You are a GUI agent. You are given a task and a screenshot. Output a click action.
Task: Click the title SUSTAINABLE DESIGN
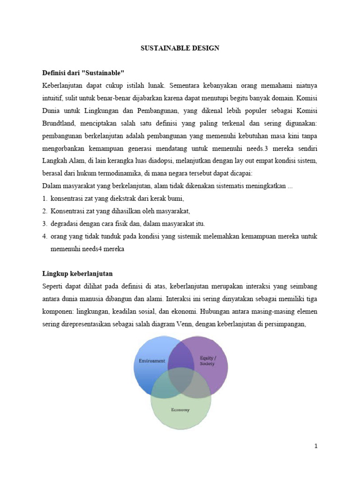coord(180,48)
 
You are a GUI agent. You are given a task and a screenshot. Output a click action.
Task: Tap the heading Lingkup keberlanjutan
coord(77,273)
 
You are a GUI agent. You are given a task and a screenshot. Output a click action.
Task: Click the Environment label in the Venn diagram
coord(152,360)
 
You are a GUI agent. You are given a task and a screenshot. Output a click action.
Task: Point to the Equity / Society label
coord(207,360)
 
